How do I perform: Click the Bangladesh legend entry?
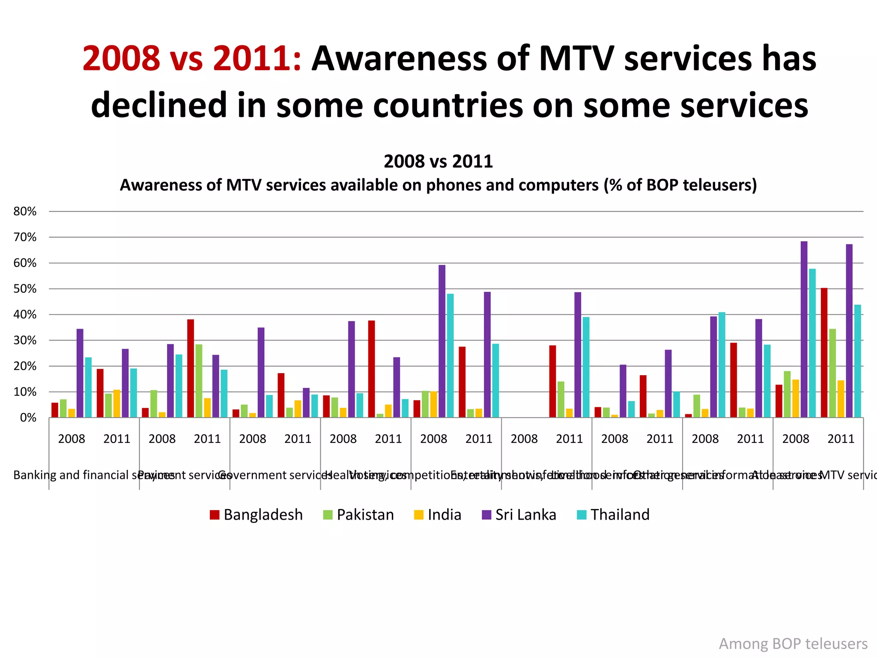[x=256, y=514]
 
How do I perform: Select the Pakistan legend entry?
[x=358, y=514]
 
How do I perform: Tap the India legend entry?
[x=438, y=514]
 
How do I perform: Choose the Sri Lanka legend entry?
[x=519, y=514]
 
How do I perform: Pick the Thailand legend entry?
[x=613, y=514]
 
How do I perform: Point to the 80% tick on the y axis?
[x=25, y=211]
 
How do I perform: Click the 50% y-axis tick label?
[x=25, y=289]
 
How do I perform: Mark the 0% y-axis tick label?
[x=28, y=418]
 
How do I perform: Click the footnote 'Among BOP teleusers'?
[x=793, y=643]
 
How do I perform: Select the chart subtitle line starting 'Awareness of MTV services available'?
[x=438, y=185]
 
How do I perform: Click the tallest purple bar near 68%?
[x=804, y=329]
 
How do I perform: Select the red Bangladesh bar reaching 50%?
[x=824, y=353]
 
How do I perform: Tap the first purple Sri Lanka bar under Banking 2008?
[x=80, y=373]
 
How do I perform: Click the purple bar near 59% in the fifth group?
[x=442, y=341]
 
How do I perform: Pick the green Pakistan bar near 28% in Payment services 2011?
[x=199, y=381]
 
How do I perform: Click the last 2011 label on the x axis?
[x=841, y=439]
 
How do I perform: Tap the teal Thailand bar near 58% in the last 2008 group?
[x=812, y=343]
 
